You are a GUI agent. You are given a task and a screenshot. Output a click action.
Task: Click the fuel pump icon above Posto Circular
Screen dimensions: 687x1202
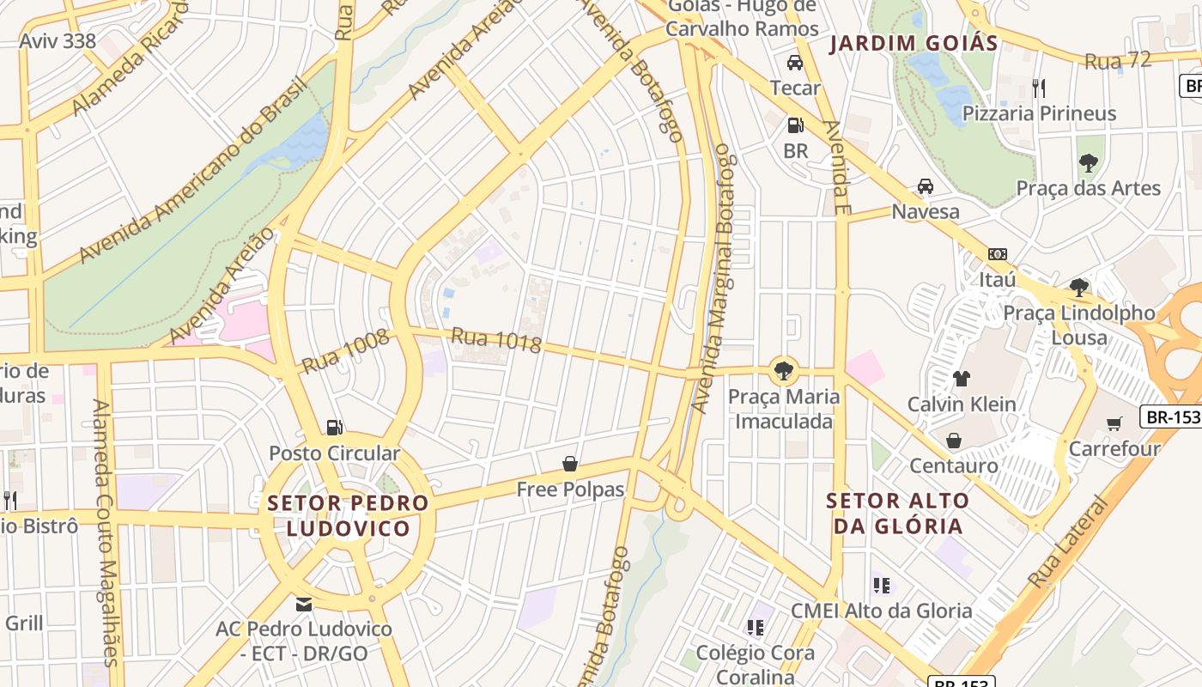coord(335,427)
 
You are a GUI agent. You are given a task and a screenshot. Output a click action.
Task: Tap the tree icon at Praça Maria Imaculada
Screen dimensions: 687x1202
coord(782,371)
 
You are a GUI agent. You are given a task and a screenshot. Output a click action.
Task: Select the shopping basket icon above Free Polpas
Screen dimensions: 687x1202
coord(569,464)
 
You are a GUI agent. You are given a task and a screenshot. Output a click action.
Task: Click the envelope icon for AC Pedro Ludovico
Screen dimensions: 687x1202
coord(303,604)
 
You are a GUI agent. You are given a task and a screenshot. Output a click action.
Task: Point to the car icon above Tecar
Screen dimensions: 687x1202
coord(795,63)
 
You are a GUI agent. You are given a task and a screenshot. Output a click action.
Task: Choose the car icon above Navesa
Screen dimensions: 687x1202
coord(926,186)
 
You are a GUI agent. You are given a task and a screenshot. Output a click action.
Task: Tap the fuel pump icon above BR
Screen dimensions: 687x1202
coord(796,125)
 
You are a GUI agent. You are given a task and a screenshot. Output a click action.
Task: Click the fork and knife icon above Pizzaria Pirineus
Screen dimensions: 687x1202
coord(1039,88)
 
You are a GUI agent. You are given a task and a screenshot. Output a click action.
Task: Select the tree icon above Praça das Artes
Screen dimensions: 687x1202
coord(1088,162)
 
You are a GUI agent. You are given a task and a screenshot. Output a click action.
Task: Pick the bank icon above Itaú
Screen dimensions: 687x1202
coord(998,254)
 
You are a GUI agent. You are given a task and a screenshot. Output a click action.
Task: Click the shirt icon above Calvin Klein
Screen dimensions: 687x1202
coord(962,378)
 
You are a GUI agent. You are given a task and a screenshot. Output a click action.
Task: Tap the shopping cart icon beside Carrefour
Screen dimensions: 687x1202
coord(1114,423)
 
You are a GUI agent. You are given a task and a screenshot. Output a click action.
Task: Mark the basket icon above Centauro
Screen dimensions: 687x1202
coord(954,441)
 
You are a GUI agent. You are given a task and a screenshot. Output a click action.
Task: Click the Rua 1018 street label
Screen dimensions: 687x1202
coord(496,340)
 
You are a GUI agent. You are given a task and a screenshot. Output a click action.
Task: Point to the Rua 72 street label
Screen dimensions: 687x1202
coord(1117,61)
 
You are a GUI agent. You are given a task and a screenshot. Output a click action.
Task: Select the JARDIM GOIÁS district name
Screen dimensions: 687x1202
coord(914,44)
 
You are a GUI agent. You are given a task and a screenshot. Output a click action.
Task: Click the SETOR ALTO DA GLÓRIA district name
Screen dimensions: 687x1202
coord(898,513)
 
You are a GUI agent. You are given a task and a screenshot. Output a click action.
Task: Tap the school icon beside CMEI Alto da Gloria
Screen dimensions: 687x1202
coord(882,586)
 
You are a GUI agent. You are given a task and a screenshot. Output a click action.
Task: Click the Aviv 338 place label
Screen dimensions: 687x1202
coord(58,40)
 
